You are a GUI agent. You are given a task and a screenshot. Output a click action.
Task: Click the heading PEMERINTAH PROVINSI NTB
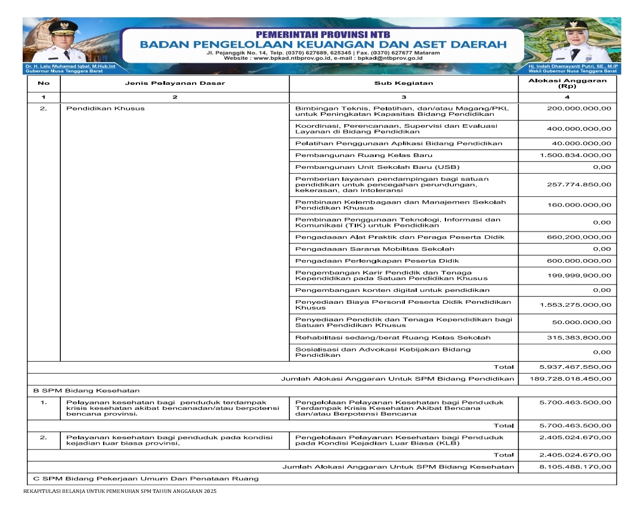[322, 34]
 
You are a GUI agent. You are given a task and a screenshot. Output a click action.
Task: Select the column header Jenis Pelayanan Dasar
[174, 83]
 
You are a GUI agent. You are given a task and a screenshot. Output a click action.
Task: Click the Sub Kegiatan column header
[404, 83]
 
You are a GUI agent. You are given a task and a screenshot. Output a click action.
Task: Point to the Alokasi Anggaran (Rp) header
[567, 83]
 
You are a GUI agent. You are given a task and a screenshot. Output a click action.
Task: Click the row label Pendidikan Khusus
[105, 109]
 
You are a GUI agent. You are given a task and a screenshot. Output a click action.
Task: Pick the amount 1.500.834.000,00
[575, 155]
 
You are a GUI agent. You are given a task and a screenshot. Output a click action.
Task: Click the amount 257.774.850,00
[578, 184]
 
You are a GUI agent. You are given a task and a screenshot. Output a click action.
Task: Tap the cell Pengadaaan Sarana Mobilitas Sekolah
[374, 248]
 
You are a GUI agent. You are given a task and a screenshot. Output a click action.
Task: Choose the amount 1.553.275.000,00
[575, 305]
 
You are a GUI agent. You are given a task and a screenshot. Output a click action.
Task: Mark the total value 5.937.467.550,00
[575, 366]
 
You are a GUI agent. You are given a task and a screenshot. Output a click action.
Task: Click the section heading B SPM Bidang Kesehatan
[86, 390]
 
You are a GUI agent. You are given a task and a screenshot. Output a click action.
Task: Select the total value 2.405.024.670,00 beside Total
[575, 455]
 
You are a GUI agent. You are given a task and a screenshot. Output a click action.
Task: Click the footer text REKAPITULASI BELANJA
[119, 491]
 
